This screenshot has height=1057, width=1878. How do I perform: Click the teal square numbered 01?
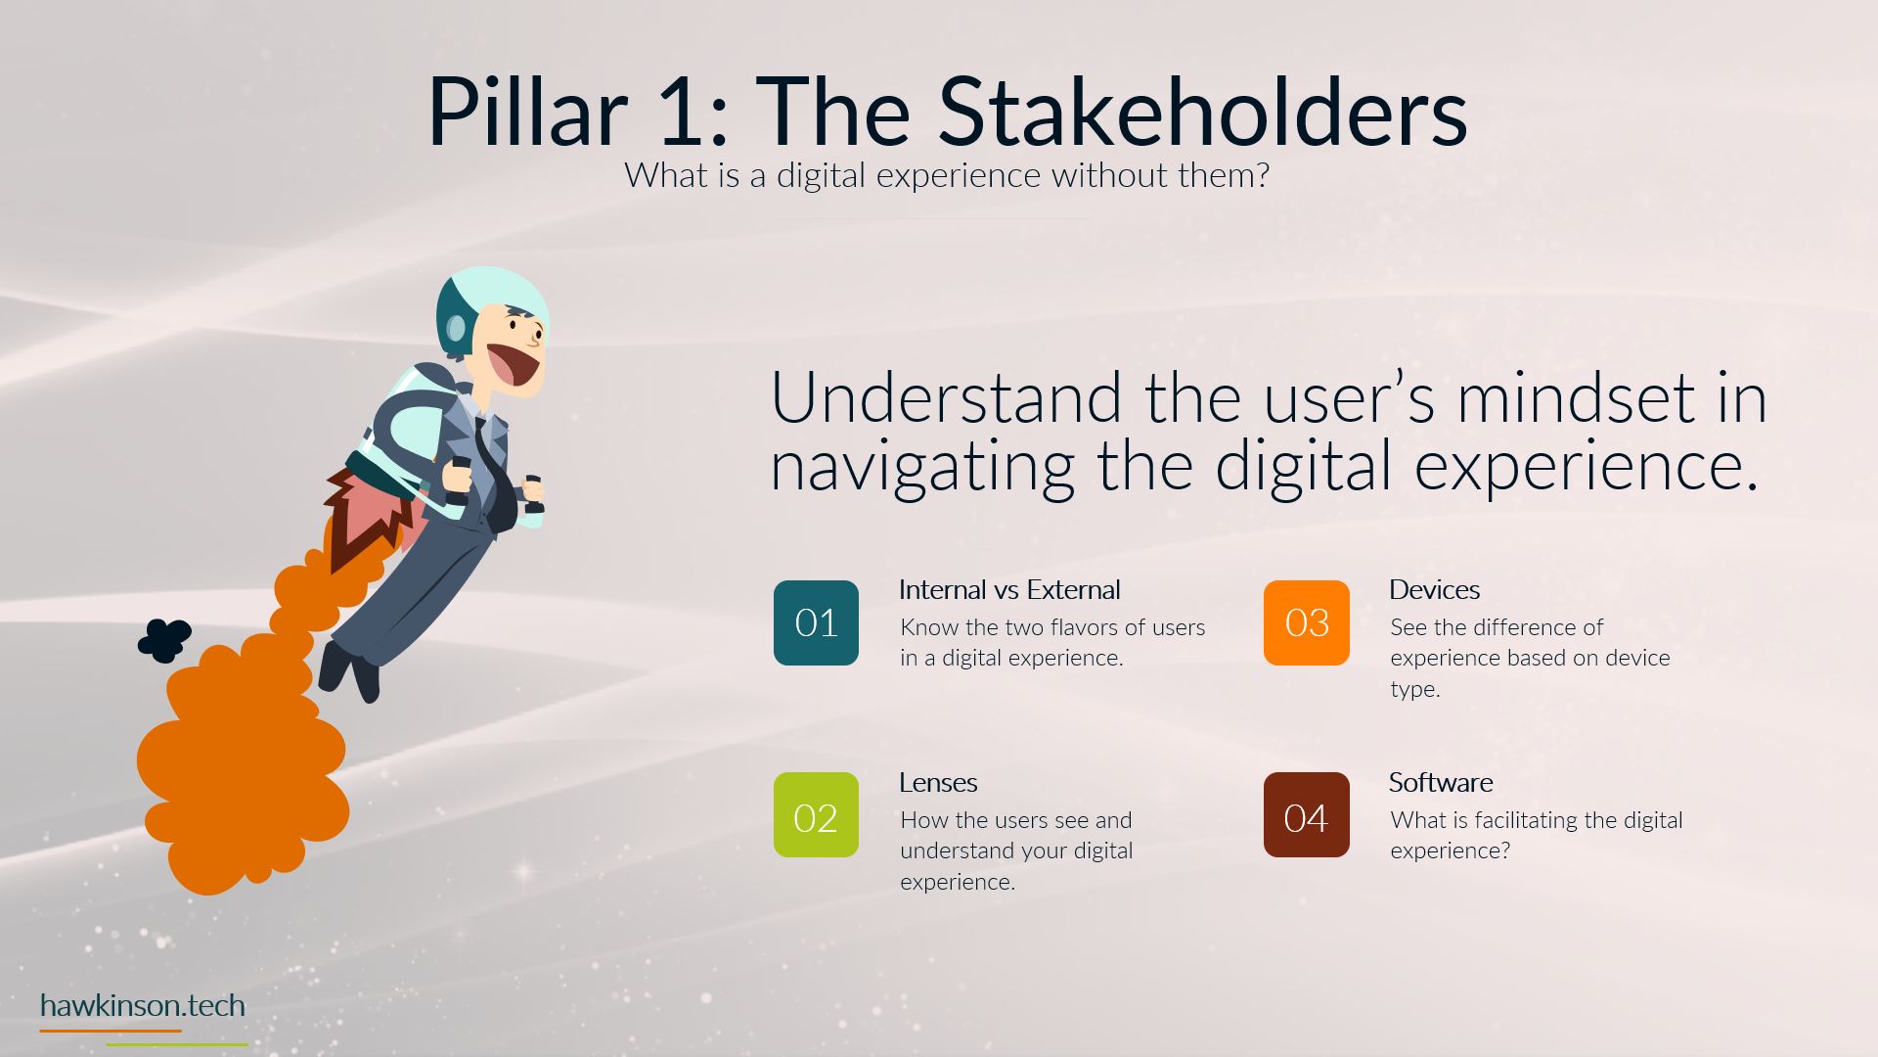[816, 622]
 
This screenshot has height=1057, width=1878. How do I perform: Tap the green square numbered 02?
[816, 814]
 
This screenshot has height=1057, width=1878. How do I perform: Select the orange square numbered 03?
[1306, 622]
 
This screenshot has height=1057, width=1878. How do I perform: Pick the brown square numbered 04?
[1306, 814]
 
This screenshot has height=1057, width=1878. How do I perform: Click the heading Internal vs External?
[1009, 590]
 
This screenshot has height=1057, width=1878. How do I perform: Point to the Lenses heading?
[938, 783]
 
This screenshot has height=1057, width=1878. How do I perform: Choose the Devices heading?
[1434, 590]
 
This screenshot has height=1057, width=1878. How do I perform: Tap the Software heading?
[1441, 783]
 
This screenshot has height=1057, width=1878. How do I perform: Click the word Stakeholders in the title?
[1203, 109]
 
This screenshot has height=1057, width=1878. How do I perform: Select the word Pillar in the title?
[526, 109]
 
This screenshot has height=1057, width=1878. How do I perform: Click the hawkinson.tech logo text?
[143, 1005]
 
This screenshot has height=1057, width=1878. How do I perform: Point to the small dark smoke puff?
[163, 640]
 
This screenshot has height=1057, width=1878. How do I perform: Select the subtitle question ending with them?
[947, 175]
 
